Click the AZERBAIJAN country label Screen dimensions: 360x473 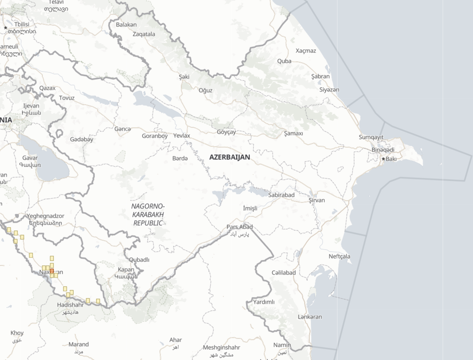pos(230,157)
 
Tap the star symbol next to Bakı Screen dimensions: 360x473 pos(383,159)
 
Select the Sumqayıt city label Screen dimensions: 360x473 pos(371,137)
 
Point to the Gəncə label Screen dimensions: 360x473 pos(122,129)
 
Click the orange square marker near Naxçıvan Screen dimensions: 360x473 pos(52,271)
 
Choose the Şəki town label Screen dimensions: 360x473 pos(184,77)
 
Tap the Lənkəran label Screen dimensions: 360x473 pos(310,317)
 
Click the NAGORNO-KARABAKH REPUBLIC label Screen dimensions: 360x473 pos(148,215)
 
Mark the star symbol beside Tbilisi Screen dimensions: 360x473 pos(5,28)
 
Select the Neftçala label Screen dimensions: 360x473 pos(339,256)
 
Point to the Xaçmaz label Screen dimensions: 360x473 pos(306,51)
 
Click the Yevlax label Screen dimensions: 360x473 pos(182,135)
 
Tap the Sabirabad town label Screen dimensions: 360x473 pos(281,195)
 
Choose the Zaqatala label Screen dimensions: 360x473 pos(144,34)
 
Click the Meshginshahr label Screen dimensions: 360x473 pos(221,348)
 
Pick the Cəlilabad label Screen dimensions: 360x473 pos(284,273)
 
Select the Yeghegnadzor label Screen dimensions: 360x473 pos(45,216)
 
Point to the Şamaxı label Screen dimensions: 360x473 pos(293,133)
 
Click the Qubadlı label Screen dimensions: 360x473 pos(139,260)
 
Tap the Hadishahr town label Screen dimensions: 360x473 pos(70,305)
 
